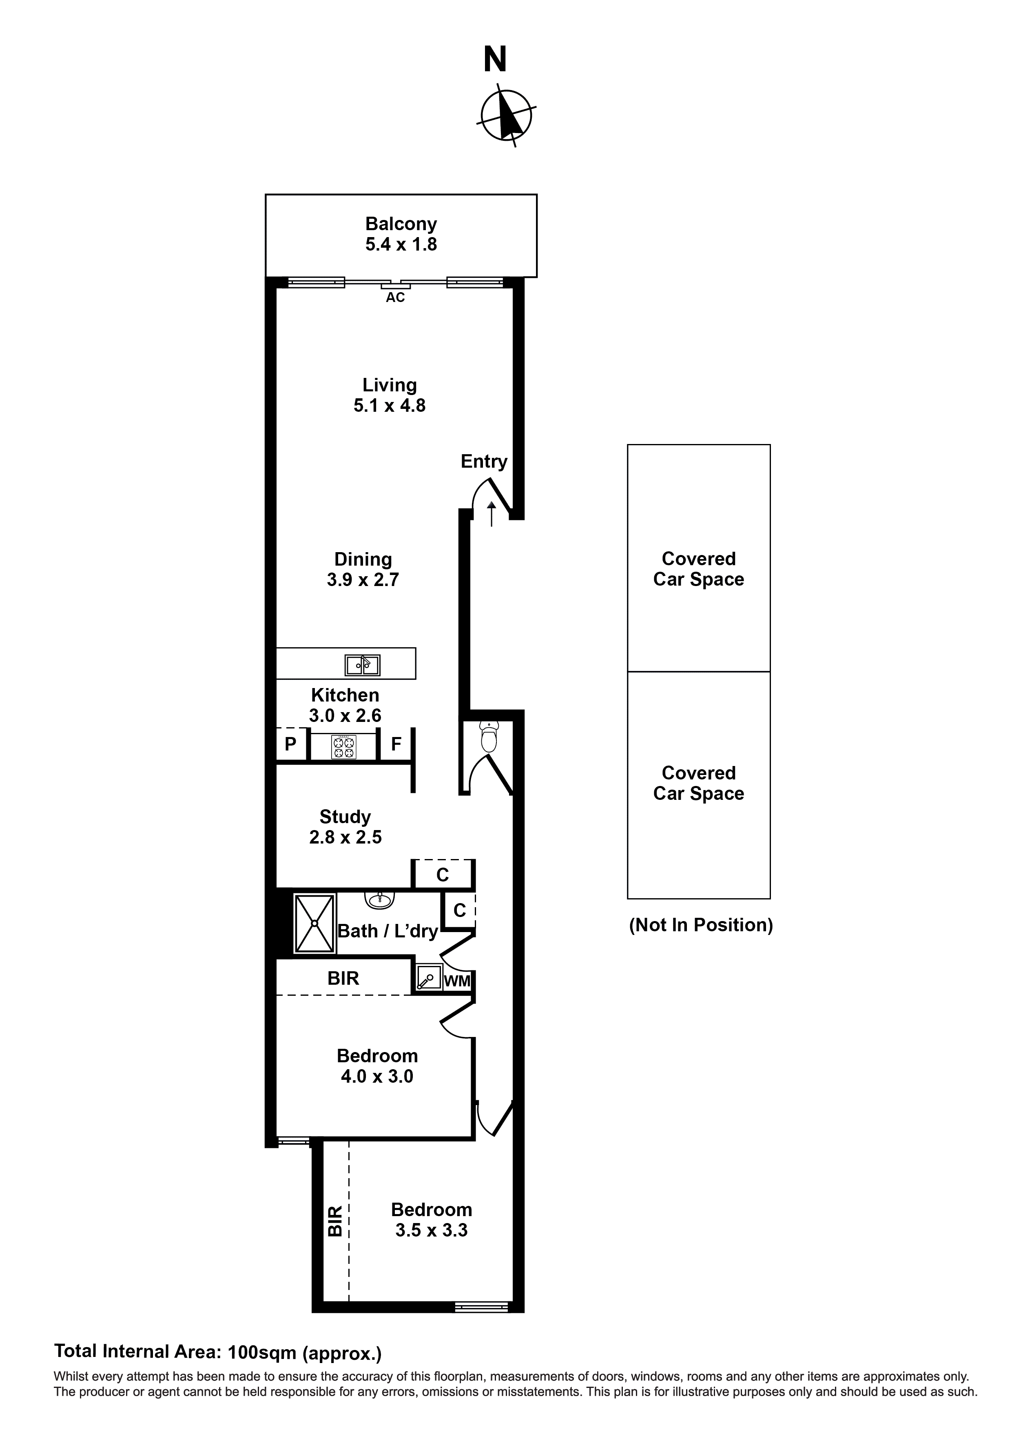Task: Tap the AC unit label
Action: click(395, 298)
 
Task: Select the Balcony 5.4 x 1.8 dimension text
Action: click(401, 244)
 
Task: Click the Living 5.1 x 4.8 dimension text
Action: click(389, 405)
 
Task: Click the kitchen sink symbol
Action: click(362, 666)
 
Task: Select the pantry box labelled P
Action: click(290, 744)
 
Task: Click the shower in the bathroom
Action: click(315, 923)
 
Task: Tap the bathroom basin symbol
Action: click(379, 900)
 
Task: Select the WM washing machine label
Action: click(457, 981)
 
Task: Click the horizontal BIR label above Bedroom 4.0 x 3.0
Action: click(343, 978)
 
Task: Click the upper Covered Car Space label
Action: click(698, 569)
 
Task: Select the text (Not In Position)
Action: click(701, 924)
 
